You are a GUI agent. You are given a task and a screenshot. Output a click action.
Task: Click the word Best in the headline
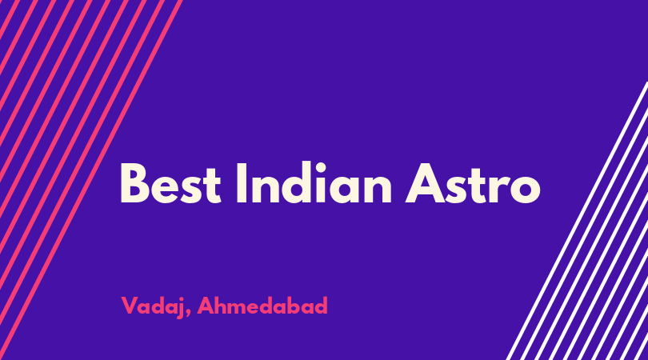(170, 183)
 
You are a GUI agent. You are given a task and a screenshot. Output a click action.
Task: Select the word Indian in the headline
(314, 182)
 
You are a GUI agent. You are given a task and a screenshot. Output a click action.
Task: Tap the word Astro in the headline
(473, 183)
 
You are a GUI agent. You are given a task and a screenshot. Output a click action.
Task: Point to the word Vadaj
(152, 306)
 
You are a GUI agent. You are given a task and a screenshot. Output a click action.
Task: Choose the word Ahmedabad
(262, 306)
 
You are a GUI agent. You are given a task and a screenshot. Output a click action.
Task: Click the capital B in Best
(134, 183)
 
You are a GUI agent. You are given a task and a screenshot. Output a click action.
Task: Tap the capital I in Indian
(242, 183)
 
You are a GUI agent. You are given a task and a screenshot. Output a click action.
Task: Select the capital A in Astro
(426, 183)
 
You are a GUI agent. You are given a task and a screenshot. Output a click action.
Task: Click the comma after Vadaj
(188, 314)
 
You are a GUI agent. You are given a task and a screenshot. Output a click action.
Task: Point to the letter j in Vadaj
(180, 308)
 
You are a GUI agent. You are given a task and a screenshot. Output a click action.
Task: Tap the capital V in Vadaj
(130, 306)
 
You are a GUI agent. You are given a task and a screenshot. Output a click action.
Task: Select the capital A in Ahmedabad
(206, 306)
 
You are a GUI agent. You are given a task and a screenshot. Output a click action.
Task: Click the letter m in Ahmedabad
(242, 308)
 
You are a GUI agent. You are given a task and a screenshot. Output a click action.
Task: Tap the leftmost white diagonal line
(577, 221)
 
